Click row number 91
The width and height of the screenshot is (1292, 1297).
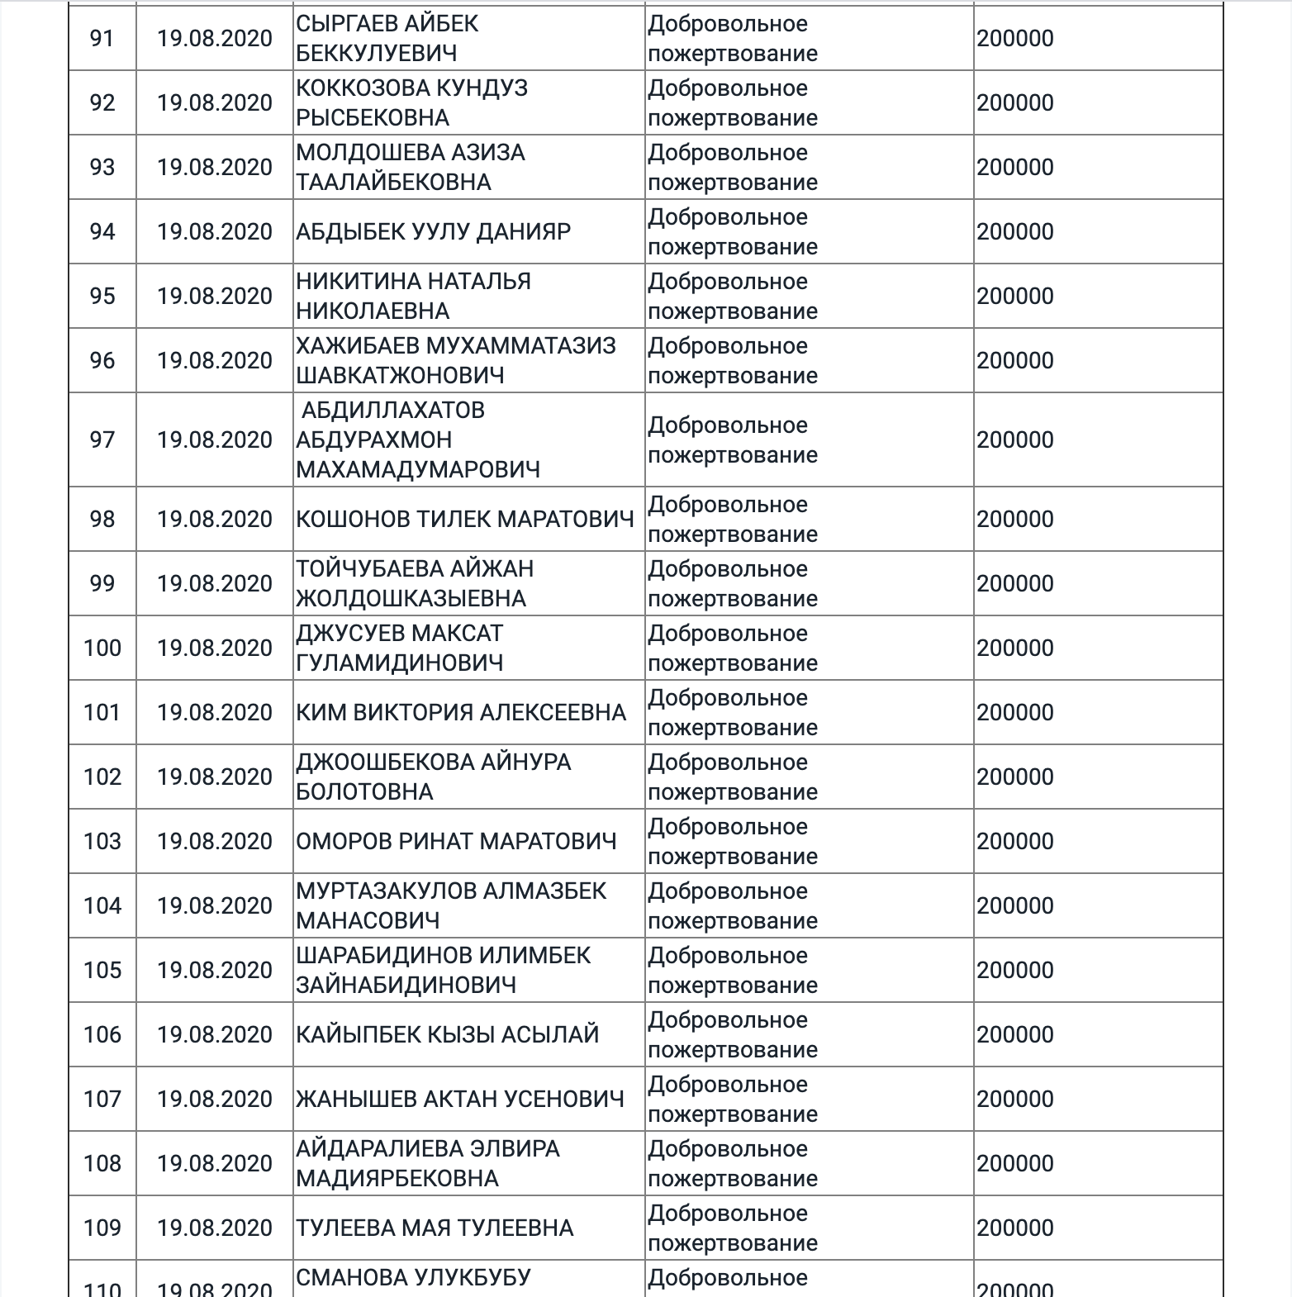(102, 38)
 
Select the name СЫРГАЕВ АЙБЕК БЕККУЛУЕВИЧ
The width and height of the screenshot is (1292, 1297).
(387, 38)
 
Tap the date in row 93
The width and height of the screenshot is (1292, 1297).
(215, 167)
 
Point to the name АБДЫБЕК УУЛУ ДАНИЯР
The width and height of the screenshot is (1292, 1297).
(433, 231)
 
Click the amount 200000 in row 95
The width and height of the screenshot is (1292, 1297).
(1015, 296)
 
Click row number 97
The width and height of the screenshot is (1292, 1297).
(102, 439)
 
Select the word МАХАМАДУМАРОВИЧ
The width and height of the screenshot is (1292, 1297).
(418, 469)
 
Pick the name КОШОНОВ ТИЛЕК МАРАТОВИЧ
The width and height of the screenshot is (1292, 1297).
(465, 519)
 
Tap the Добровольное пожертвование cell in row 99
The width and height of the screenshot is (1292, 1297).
(732, 583)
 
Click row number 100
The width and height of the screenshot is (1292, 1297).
(102, 648)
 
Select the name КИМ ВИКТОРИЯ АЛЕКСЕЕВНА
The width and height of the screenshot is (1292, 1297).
(461, 712)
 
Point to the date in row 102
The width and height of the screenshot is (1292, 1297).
(215, 777)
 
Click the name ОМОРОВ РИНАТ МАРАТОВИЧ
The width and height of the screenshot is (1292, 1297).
(456, 841)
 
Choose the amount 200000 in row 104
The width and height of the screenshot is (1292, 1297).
(1015, 905)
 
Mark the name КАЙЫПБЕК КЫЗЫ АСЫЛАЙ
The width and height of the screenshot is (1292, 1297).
(447, 1034)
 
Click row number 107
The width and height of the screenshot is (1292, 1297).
(102, 1099)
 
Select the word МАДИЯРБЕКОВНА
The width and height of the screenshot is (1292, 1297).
(397, 1178)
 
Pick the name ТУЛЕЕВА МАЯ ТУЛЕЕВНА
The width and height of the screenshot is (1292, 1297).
(435, 1228)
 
